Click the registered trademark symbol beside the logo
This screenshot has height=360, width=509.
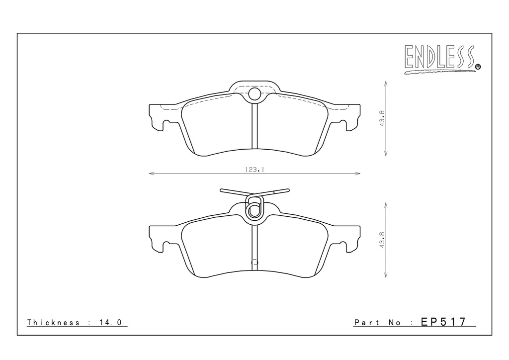click(478, 67)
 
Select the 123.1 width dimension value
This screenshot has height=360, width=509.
click(254, 170)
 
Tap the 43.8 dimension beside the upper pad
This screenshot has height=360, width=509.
click(382, 118)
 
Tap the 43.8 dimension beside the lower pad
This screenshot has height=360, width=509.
click(382, 240)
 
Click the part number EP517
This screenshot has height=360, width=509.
click(443, 322)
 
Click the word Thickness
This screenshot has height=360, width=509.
click(53, 322)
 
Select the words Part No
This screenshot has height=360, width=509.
click(378, 323)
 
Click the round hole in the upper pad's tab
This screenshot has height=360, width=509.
click(254, 94)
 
